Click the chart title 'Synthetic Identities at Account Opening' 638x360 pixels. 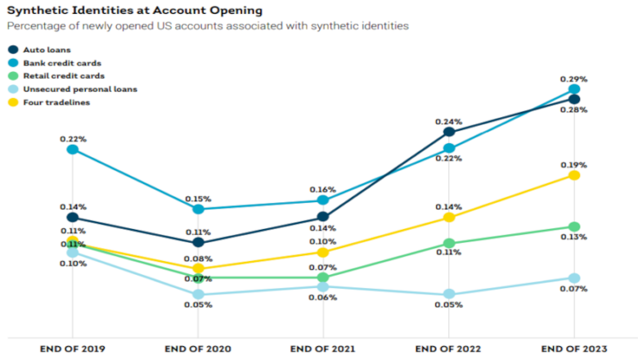click(135, 11)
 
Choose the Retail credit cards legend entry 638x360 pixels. click(54, 75)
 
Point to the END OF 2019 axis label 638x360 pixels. click(73, 349)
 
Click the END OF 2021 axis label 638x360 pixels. click(323, 349)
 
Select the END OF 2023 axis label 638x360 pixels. click(574, 349)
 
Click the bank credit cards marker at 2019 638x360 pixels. click(73, 150)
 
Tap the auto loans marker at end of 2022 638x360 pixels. click(448, 132)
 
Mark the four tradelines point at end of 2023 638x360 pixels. click(574, 175)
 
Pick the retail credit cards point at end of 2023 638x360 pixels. click(574, 227)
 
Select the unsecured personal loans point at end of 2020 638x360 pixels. click(198, 295)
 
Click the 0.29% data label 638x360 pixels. click(574, 79)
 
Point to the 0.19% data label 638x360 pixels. click(574, 164)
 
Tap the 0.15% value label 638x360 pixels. click(198, 199)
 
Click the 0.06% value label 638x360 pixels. click(323, 298)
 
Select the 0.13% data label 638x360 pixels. click(574, 237)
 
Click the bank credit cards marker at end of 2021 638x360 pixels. click(323, 200)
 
